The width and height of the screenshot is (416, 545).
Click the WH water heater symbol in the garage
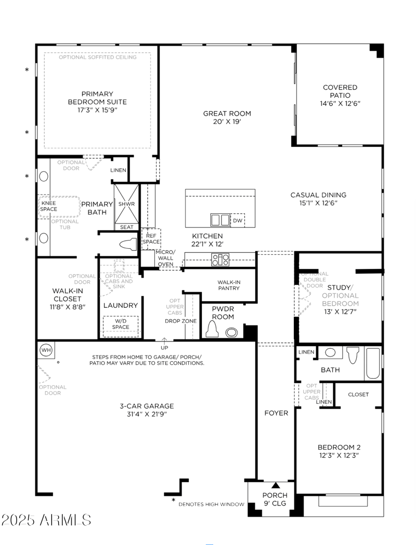46,350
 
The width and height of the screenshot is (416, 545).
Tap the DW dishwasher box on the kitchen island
238,220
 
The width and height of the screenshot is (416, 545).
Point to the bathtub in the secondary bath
373,363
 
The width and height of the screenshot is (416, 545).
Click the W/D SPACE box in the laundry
120,324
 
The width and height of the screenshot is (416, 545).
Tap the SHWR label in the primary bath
126,204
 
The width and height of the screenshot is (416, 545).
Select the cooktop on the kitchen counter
220,260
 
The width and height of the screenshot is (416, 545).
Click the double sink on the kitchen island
220,220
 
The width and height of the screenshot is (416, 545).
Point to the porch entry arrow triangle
276,485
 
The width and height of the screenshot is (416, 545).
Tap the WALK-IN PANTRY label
229,285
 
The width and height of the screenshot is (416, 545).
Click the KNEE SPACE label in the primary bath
49,206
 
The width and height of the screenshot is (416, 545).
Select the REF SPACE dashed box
151,239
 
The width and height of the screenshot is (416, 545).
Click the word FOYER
276,414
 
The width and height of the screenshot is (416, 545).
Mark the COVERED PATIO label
340,91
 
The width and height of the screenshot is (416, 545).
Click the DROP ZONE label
181,321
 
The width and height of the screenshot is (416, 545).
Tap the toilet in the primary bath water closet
126,244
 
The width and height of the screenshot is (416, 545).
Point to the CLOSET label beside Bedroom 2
358,394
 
